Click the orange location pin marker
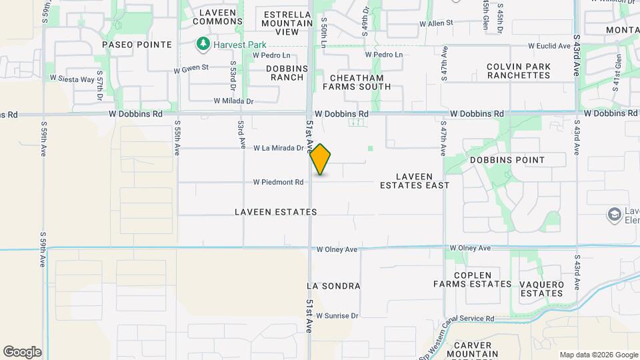[x=321, y=159]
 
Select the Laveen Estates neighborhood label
[x=275, y=212]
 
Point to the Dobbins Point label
[x=507, y=160]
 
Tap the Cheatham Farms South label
[x=357, y=82]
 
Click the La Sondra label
[x=333, y=286]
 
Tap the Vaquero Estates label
[x=541, y=289]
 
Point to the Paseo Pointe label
[x=137, y=45]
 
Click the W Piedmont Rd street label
[x=278, y=182]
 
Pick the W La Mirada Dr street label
[x=278, y=148]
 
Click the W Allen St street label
[x=436, y=23]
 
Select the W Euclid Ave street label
[x=549, y=46]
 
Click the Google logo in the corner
[x=22, y=352]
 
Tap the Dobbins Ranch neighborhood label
[x=287, y=73]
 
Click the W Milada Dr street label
[x=233, y=101]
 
